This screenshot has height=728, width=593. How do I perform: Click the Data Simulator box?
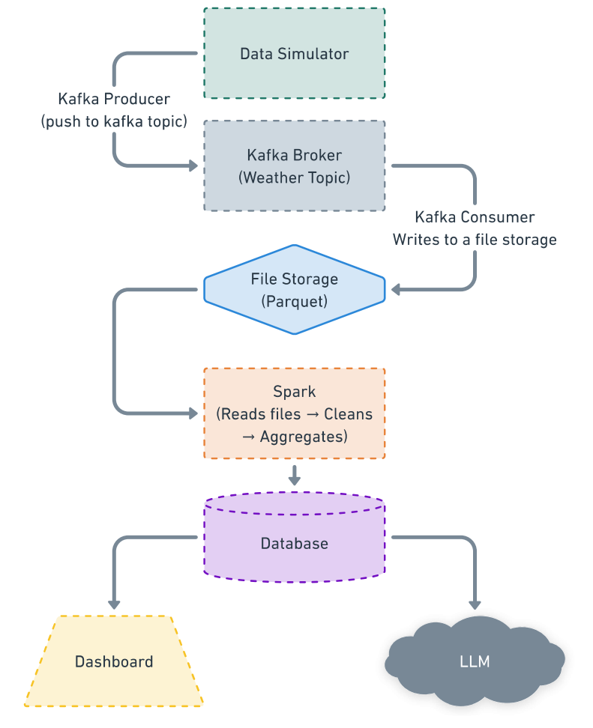click(x=294, y=54)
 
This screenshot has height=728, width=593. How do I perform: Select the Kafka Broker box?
click(x=294, y=166)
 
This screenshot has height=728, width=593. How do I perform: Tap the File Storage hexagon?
click(x=294, y=289)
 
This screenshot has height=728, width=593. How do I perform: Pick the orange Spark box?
click(x=294, y=413)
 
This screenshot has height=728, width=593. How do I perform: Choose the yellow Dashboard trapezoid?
click(x=114, y=661)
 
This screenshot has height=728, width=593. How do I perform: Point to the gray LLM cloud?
click(x=475, y=661)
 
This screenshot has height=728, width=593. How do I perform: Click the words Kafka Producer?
click(x=114, y=99)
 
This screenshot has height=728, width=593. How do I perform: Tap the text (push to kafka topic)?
click(x=114, y=121)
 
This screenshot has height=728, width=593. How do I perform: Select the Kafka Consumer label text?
click(x=475, y=217)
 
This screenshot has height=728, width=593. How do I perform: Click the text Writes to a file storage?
click(x=475, y=240)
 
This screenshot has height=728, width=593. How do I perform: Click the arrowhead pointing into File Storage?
click(x=395, y=289)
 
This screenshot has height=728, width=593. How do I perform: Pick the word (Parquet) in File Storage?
click(x=294, y=301)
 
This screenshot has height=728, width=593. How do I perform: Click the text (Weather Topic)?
click(x=294, y=178)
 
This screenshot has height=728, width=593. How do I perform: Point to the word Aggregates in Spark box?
click(x=303, y=436)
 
